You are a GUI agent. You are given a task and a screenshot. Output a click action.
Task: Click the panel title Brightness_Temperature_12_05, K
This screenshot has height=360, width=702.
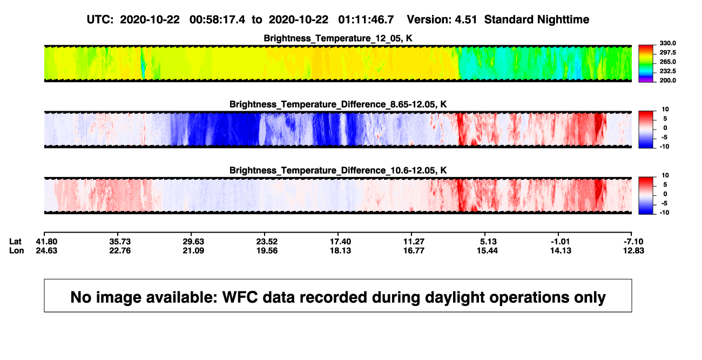point(338,38)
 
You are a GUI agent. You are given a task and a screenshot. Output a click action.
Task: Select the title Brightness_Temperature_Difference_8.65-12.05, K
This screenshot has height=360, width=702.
point(338,104)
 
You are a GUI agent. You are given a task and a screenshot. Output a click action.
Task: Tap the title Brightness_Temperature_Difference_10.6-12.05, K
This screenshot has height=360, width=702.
point(338,171)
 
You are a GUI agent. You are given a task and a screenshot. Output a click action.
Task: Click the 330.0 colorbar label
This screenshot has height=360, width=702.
point(667,43)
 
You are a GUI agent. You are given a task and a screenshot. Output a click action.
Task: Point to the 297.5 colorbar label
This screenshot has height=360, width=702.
point(667,53)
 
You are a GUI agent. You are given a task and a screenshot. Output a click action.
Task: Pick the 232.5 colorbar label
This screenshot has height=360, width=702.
point(667,71)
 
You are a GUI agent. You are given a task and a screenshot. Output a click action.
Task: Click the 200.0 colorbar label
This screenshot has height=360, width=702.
point(667,80)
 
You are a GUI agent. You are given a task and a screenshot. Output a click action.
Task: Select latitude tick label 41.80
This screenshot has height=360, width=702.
point(46,242)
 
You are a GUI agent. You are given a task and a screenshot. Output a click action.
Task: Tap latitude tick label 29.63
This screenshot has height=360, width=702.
point(193,242)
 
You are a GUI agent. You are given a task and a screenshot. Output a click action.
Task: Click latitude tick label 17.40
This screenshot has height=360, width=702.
point(340,242)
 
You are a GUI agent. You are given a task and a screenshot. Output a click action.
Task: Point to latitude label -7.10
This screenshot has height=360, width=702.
point(633,242)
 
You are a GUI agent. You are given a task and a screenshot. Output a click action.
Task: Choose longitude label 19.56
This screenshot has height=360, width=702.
point(267,250)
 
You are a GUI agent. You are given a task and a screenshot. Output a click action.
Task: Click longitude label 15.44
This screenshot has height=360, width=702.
point(487,250)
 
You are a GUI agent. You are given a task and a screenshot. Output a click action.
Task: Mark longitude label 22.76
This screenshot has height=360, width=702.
point(120,250)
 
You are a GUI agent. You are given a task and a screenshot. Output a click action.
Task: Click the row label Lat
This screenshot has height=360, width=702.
point(15,242)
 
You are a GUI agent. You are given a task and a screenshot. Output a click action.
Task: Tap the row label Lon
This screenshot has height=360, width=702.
point(16,250)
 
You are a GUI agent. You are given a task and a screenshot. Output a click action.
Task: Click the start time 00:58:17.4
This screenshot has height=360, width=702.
point(217,20)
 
